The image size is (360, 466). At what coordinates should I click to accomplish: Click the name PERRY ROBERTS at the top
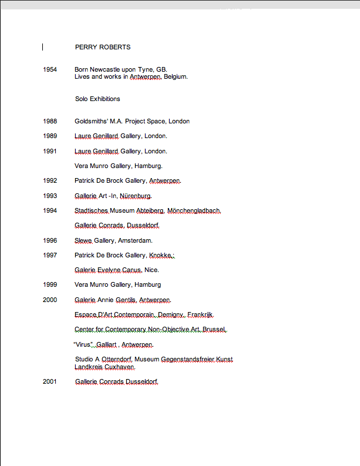[x=103, y=47]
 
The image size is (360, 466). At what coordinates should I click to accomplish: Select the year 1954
[x=50, y=69]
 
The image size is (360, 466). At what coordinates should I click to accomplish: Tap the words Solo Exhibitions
[x=97, y=99]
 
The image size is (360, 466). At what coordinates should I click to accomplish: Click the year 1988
[x=50, y=121]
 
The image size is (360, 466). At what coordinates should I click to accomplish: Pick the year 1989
[x=50, y=136]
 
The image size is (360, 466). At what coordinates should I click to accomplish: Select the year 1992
[x=50, y=180]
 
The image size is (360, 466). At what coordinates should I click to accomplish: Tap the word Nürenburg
[x=136, y=196]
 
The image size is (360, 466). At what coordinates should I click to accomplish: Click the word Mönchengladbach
[x=194, y=210]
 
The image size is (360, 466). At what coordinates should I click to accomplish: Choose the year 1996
[x=50, y=240]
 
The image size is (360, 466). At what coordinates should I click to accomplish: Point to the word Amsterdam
[x=134, y=240]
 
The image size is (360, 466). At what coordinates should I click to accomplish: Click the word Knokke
[x=160, y=255]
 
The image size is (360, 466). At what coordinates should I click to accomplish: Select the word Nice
[x=151, y=270]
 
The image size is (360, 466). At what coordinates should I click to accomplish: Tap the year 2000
[x=50, y=300]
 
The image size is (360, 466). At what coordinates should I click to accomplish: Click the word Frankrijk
[x=200, y=314]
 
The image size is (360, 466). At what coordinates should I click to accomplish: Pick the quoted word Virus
[x=84, y=344]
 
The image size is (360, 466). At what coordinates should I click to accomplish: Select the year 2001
[x=50, y=381]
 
